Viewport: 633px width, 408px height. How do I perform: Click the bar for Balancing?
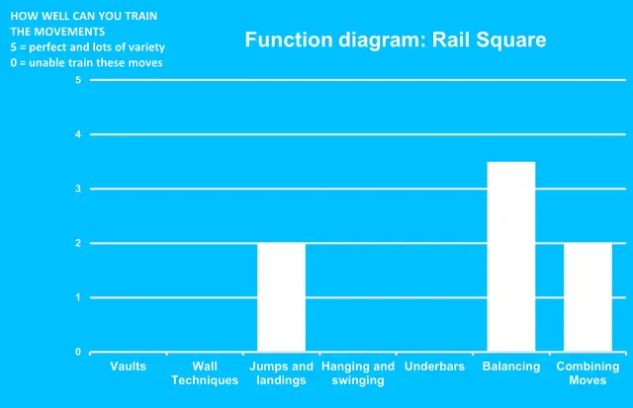(510, 257)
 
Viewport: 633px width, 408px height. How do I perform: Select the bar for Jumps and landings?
(281, 297)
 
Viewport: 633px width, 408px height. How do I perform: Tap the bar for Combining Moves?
(588, 297)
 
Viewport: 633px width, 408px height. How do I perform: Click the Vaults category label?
(128, 367)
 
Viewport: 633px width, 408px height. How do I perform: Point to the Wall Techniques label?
(205, 372)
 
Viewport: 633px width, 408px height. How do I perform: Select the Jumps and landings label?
(282, 372)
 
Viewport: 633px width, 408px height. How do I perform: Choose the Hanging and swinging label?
(358, 372)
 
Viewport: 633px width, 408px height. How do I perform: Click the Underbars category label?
(434, 367)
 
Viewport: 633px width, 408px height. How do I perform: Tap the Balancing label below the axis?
(511, 367)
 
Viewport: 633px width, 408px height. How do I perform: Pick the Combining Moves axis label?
(588, 372)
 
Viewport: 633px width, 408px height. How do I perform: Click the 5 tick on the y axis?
(78, 80)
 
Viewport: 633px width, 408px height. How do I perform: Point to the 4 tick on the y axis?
(78, 134)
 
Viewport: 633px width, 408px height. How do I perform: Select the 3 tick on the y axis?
(78, 189)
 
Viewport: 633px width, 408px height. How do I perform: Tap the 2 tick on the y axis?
(78, 243)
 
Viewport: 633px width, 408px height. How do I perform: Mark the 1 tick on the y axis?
(78, 297)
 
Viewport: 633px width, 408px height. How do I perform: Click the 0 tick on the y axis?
(78, 352)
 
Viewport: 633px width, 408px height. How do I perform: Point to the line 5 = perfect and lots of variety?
(87, 47)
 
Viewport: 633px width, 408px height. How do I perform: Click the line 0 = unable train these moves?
(86, 62)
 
